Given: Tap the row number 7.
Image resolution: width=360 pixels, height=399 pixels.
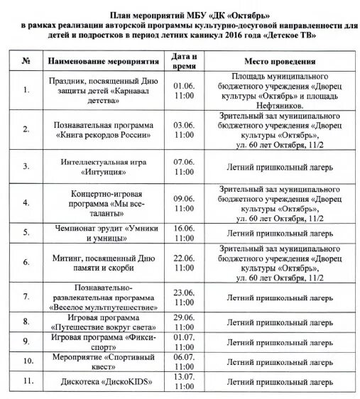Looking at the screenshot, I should point(26,295).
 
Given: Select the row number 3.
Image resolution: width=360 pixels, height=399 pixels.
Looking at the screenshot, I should point(26,167).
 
